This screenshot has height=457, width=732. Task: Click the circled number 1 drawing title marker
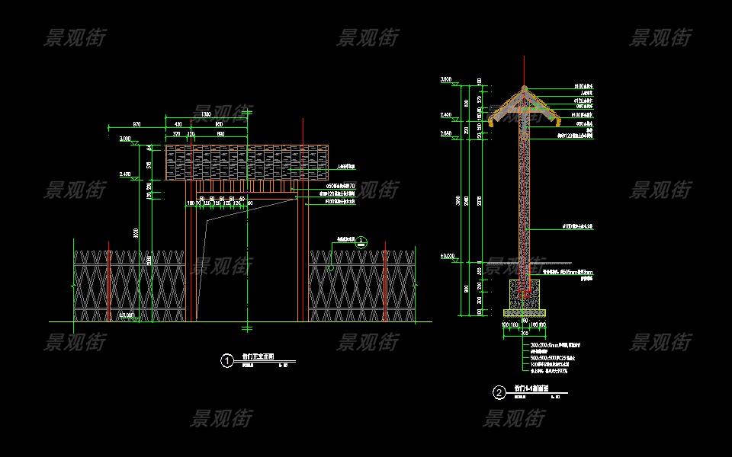coord(226,361)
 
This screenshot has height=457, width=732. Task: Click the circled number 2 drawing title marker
coord(499,393)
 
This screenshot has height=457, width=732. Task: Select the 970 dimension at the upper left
coord(137,123)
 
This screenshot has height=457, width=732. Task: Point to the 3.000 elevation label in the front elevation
coord(126,139)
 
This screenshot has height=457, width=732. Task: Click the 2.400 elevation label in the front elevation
coord(124,174)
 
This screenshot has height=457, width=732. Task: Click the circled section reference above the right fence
coord(361,242)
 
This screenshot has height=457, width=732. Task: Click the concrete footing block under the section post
coord(524,294)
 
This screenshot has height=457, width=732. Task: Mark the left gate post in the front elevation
coord(189,259)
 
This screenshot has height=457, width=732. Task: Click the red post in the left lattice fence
coord(109,283)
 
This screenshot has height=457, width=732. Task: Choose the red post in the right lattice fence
coord(387,283)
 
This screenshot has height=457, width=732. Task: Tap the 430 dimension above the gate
coord(178,124)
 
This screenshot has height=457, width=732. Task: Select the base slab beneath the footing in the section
coord(524,312)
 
